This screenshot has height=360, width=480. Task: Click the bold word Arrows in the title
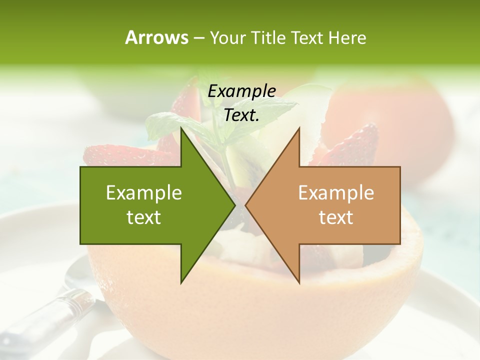coord(156,38)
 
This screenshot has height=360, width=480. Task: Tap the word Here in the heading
coord(347,38)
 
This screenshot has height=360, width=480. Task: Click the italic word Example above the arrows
coord(241,91)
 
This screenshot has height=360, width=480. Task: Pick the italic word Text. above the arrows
coord(241,115)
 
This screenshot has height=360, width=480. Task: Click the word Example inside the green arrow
coord(144,193)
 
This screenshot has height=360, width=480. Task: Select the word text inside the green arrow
coord(144,217)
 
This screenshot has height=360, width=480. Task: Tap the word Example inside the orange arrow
coord(336,193)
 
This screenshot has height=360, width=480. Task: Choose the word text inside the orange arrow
coord(336,217)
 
